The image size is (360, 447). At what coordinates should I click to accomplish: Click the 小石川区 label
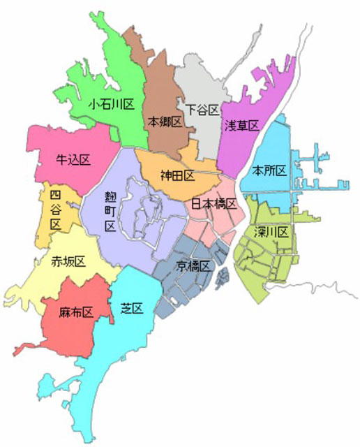pos(111,105)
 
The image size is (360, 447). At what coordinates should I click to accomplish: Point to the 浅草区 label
pos(241,126)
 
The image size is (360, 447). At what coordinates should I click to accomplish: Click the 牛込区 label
pos(73,161)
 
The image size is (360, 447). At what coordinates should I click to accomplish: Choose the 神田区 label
pos(177,175)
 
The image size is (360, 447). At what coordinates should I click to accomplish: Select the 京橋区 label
pos(193,265)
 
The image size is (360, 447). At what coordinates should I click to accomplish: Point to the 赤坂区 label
pos(68,261)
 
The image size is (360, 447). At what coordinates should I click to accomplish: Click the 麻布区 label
pos(76,312)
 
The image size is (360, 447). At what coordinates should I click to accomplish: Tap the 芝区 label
pos(131,308)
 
